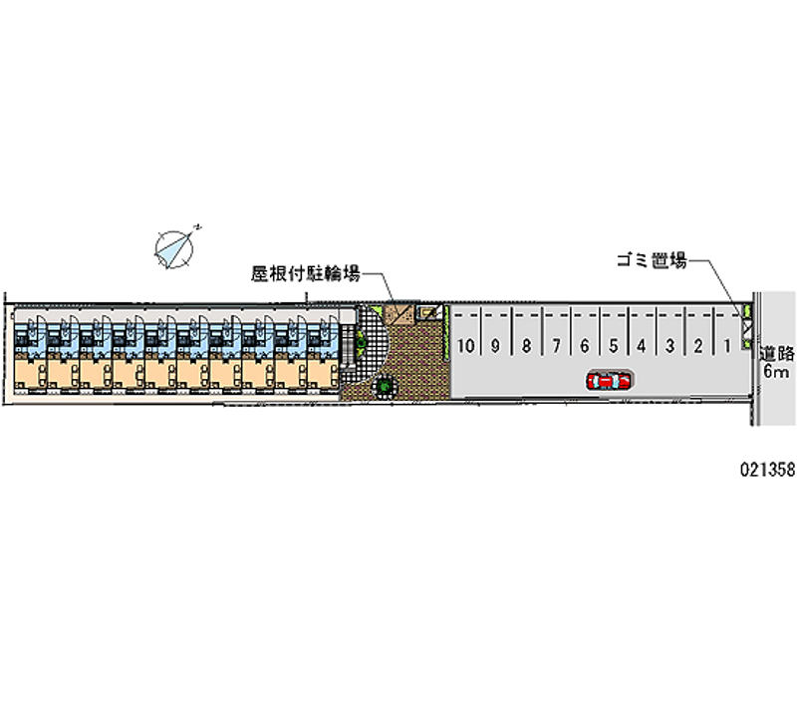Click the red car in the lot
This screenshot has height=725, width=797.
(x=609, y=380)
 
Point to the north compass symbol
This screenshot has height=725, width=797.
(x=175, y=247)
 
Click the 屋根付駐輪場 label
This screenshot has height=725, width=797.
(x=306, y=273)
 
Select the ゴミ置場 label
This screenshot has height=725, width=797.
(x=652, y=260)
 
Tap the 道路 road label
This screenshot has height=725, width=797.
(x=777, y=354)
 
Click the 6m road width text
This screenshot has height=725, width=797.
(x=777, y=371)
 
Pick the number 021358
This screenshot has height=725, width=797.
(x=767, y=470)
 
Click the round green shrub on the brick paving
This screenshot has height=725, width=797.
(x=385, y=386)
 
